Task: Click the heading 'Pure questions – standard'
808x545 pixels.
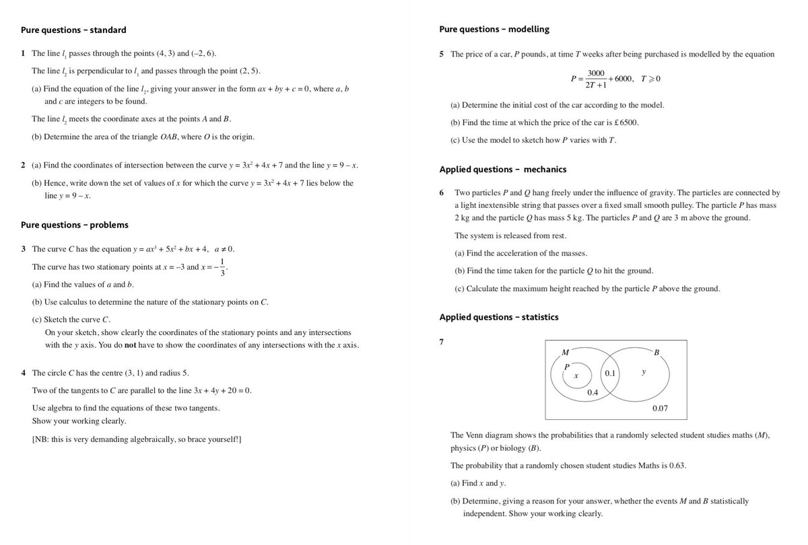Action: click(73, 30)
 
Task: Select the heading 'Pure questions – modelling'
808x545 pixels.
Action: click(494, 30)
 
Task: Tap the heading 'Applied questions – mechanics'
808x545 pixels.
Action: click(502, 170)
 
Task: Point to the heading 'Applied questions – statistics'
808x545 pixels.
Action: click(498, 317)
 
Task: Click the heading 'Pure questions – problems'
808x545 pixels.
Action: click(74, 225)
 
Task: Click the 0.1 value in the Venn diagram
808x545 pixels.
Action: click(610, 373)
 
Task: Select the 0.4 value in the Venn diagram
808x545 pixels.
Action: click(593, 392)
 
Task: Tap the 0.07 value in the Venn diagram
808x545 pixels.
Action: click(660, 408)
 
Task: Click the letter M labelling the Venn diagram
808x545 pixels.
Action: click(564, 352)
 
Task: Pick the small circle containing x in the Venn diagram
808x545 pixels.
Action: click(577, 377)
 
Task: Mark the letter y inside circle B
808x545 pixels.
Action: click(644, 371)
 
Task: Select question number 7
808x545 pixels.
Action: click(441, 342)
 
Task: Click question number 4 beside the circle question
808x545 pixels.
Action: click(24, 373)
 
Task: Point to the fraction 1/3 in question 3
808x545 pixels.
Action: click(222, 267)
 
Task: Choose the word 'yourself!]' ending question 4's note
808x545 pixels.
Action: click(225, 439)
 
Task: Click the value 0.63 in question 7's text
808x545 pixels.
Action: click(676, 466)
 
